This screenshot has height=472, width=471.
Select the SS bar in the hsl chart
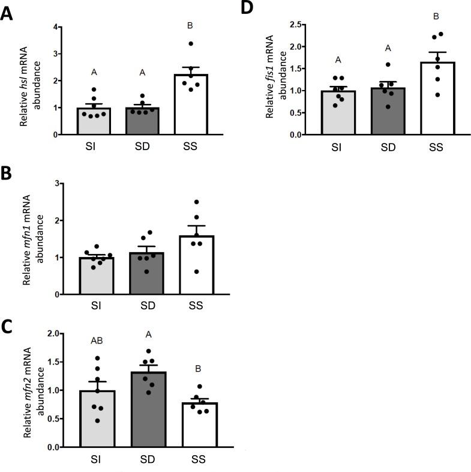click(x=190, y=104)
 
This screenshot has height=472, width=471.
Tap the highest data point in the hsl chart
click(x=191, y=43)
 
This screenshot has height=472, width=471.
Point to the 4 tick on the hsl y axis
click(x=55, y=27)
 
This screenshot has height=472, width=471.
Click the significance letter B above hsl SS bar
click(x=190, y=26)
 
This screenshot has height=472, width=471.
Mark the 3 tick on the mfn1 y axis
click(x=58, y=183)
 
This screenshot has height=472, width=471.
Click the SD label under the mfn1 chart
click(x=143, y=306)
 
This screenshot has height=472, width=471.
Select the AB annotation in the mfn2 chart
click(x=96, y=340)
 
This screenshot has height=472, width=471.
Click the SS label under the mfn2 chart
click(x=192, y=460)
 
